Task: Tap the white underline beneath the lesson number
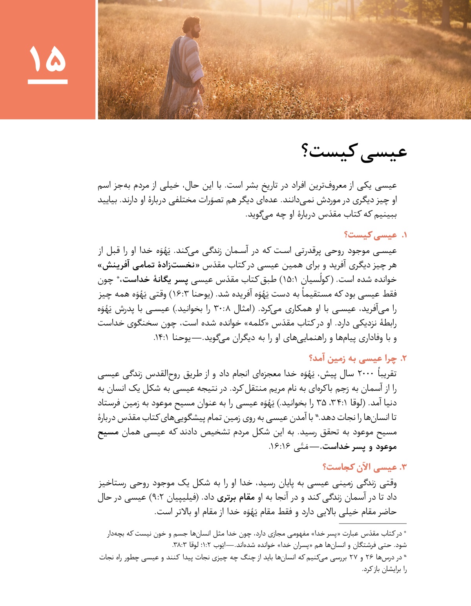47,82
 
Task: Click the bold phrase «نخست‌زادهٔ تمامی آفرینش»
149,265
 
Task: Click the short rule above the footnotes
372,524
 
